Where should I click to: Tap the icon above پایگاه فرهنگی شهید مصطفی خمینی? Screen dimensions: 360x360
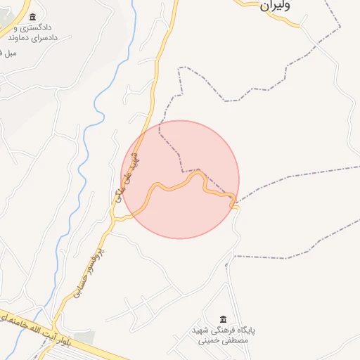(224, 320)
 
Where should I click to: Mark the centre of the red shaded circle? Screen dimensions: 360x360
(180, 179)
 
